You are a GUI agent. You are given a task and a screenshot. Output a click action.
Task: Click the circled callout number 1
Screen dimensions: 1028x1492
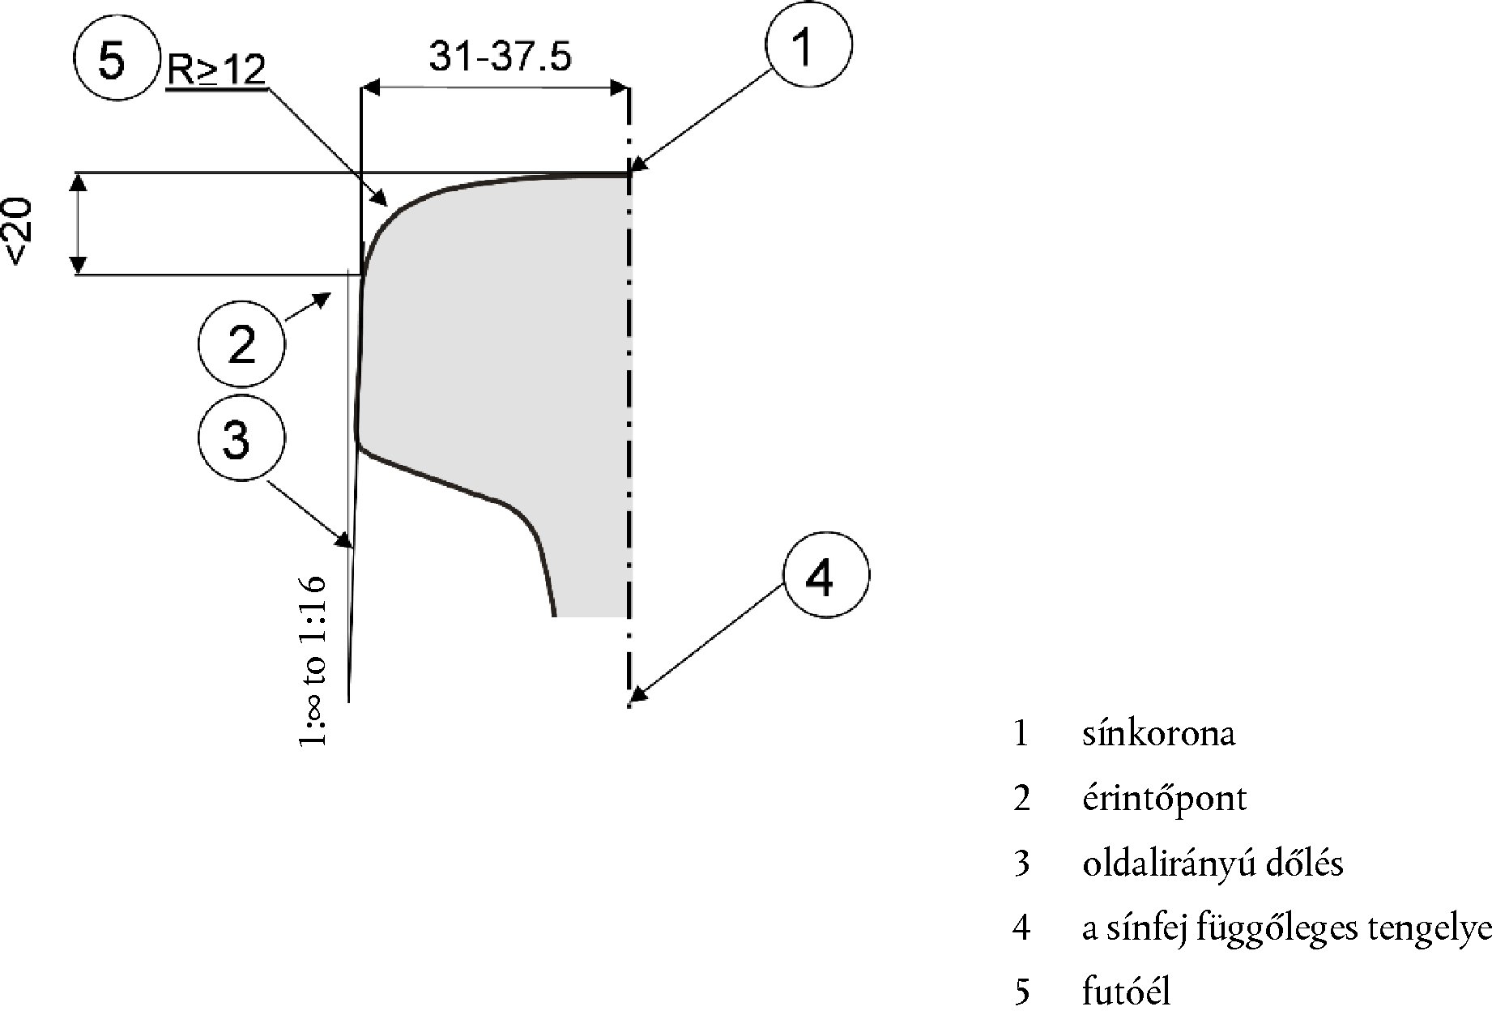[x=808, y=45]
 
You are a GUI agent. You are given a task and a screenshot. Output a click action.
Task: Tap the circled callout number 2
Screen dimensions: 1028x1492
[x=241, y=343]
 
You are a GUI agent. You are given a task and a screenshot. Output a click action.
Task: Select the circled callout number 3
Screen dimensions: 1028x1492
[x=241, y=439]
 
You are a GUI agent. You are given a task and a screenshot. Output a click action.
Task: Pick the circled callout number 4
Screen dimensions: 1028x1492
[x=825, y=576]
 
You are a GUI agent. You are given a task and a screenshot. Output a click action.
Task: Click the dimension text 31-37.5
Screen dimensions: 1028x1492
[x=500, y=57]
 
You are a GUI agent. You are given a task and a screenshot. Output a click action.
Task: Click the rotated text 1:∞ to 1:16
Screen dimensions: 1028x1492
[x=314, y=660]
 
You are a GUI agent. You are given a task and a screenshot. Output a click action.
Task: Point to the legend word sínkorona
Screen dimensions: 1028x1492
[x=1158, y=734]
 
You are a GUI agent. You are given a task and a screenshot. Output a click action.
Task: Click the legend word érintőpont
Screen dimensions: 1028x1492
[x=1164, y=799]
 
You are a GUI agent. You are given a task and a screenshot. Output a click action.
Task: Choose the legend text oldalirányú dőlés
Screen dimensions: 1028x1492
[x=1213, y=864]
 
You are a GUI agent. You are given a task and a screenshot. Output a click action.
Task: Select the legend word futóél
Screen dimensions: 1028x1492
[x=1126, y=992]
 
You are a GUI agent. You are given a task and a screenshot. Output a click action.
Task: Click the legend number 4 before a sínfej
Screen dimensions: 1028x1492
[x=1021, y=928]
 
